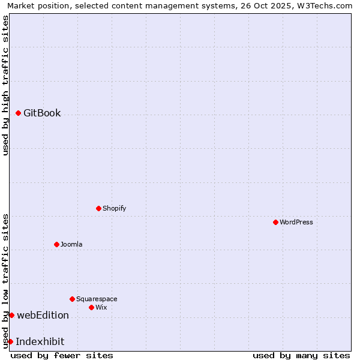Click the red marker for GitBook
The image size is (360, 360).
19,113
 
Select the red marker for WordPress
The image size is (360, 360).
275,222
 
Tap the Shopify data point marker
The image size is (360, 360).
98,208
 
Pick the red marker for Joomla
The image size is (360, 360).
56,244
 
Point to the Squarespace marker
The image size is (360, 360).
72,299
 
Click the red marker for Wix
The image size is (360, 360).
91,307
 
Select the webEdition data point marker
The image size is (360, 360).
11,315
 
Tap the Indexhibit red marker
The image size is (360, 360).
10,341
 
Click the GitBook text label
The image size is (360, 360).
42,113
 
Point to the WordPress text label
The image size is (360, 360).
296,222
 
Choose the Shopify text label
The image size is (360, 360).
115,208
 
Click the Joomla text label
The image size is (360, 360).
71,244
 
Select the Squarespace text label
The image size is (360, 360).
97,299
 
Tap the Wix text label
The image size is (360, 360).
101,307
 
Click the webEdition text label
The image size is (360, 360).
43,315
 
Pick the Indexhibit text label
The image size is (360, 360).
40,341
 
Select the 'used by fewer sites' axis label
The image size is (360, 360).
62,355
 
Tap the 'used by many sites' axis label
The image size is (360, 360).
301,355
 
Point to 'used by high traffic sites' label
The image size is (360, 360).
6,85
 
